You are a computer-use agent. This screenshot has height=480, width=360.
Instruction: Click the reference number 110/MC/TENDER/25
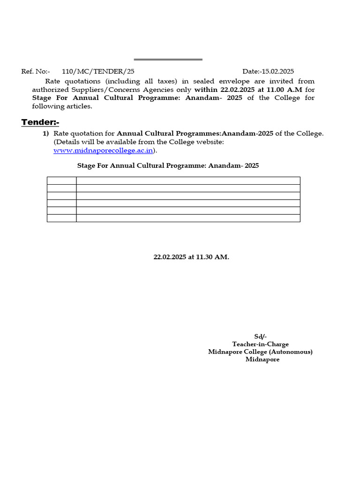pyautogui.click(x=98, y=71)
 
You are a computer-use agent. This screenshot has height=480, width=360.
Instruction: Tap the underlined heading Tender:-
pyautogui.click(x=40, y=122)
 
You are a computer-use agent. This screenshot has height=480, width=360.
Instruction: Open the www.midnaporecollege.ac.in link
pyautogui.click(x=103, y=150)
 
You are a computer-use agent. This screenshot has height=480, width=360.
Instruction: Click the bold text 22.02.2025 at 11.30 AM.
pyautogui.click(x=191, y=257)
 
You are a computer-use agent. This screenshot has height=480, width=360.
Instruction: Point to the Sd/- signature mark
pyautogui.click(x=260, y=337)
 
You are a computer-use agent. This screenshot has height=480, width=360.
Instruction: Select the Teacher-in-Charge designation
pyautogui.click(x=260, y=344)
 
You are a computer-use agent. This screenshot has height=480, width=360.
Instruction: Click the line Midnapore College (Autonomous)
pyautogui.click(x=260, y=352)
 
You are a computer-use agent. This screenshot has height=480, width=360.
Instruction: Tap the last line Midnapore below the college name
pyautogui.click(x=262, y=359)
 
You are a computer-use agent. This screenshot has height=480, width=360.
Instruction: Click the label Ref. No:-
pyautogui.click(x=36, y=71)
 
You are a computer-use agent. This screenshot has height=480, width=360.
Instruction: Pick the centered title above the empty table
pyautogui.click(x=168, y=165)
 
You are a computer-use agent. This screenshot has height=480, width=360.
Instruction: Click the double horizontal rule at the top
pyautogui.click(x=168, y=60)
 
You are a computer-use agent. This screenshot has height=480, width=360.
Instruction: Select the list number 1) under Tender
pyautogui.click(x=46, y=134)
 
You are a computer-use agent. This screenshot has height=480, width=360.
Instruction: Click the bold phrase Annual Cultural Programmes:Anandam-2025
pyautogui.click(x=195, y=134)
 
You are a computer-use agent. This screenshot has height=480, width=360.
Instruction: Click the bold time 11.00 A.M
pyautogui.click(x=285, y=89)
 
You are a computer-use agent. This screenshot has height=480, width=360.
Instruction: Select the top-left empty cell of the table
pyautogui.click(x=61, y=180)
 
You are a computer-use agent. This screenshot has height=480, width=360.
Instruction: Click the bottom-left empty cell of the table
pyautogui.click(x=61, y=218)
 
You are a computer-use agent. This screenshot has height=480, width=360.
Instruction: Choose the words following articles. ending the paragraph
pyautogui.click(x=62, y=106)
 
